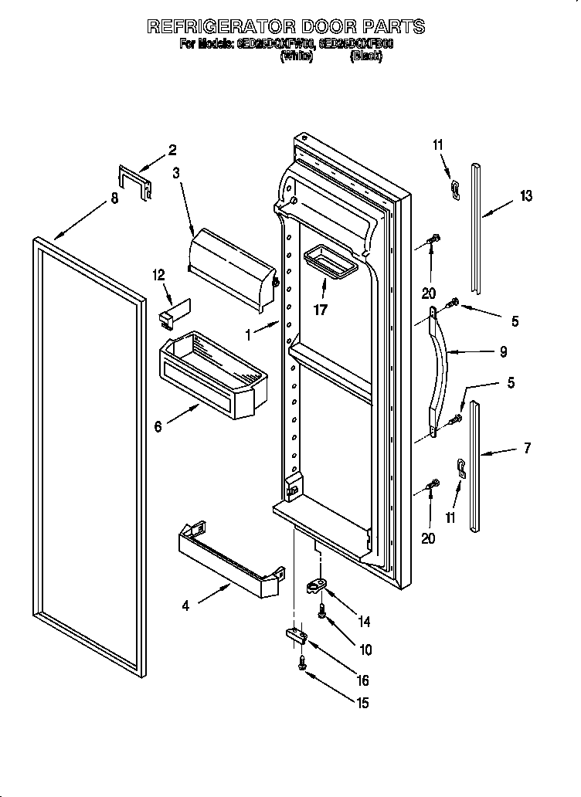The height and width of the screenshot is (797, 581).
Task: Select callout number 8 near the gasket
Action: pos(114,198)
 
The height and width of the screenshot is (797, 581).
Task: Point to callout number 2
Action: pos(172,150)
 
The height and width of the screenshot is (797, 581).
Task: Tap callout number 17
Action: pos(321,310)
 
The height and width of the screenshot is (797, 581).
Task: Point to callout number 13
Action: pos(525,196)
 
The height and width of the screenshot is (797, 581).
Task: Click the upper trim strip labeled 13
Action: pos(476,232)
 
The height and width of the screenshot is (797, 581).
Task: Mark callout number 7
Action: pos(527,448)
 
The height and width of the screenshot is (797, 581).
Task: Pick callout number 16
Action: pos(362,681)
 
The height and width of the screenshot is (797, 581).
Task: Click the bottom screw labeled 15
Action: pos(302,661)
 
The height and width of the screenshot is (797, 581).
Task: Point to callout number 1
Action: pos(250,335)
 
